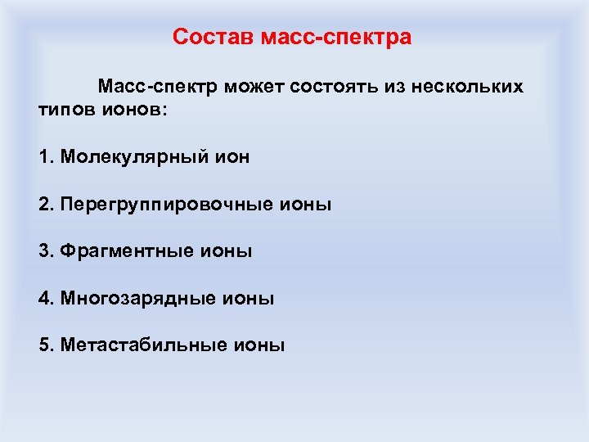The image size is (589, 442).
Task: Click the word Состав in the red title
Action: (213, 38)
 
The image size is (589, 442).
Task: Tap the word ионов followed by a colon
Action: (135, 110)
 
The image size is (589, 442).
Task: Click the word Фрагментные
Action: (127, 251)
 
